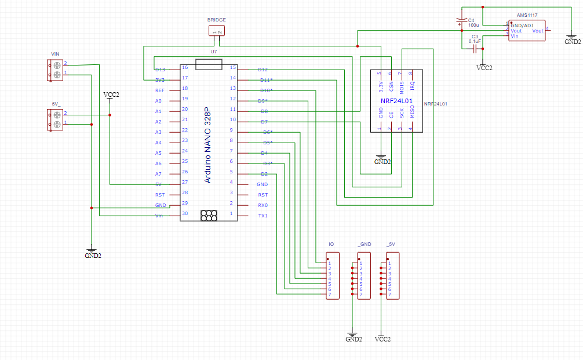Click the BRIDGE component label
click(216, 20)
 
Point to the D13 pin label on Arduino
click(160, 70)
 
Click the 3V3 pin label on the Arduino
click(160, 80)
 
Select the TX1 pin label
click(263, 216)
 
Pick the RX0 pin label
click(263, 205)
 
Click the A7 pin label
click(158, 174)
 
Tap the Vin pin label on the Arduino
click(159, 216)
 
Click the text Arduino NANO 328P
click(208, 145)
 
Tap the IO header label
click(331, 245)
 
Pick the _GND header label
click(365, 245)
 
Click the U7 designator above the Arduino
click(214, 52)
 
